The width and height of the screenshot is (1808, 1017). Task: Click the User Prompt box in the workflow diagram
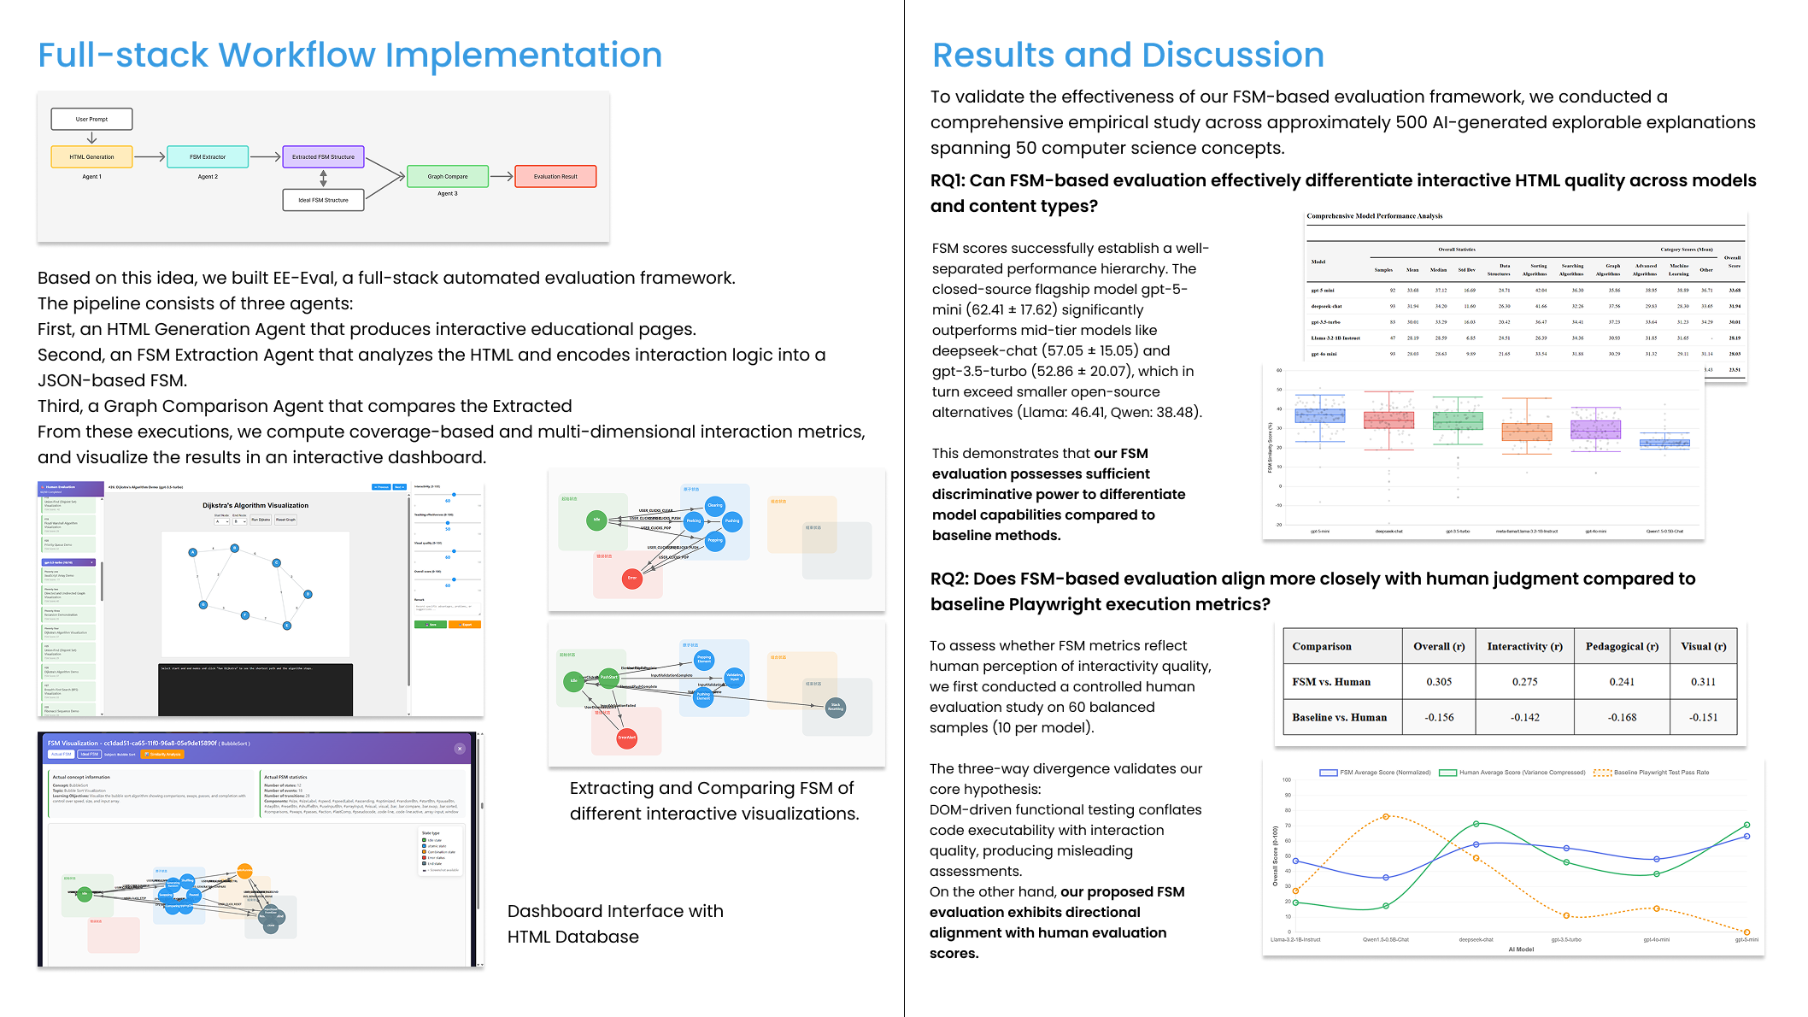coord(91,119)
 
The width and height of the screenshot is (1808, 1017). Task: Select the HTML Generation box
coord(91,156)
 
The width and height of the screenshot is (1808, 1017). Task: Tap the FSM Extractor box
coord(208,156)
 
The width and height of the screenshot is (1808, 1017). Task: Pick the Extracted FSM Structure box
coord(323,156)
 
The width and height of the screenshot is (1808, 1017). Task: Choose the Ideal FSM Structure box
coord(323,200)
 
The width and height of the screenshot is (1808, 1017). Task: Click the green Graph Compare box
coord(448,176)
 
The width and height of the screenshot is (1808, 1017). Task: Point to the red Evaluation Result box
coord(555,176)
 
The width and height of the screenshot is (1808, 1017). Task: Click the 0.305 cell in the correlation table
coord(1439,682)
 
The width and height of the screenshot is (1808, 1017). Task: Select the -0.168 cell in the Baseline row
coord(1622,718)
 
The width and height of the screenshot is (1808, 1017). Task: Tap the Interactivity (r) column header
coord(1524,646)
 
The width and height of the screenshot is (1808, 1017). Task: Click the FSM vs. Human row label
coord(1331,682)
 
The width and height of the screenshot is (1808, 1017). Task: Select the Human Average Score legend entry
coord(1512,773)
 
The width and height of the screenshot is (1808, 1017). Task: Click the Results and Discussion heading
coord(1128,55)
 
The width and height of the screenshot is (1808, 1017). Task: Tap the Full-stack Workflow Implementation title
coord(350,55)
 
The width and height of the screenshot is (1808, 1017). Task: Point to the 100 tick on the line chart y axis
coord(1286,780)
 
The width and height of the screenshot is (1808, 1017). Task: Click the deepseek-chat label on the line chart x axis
coord(1476,939)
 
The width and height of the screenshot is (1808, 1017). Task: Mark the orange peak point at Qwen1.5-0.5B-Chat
coord(1386,816)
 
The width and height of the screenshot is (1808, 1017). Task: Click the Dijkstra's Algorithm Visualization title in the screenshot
coord(255,505)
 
